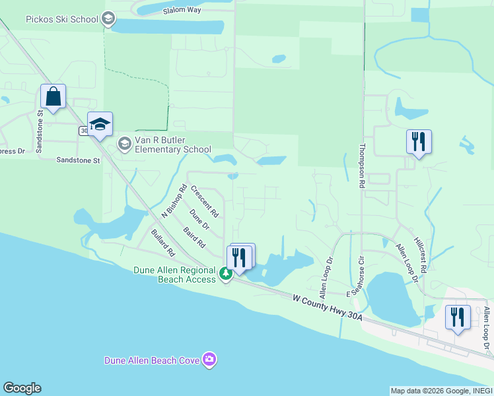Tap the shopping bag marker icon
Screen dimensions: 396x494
click(53, 96)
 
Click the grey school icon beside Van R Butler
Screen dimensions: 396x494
click(124, 143)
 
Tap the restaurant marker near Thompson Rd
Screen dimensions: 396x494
click(419, 141)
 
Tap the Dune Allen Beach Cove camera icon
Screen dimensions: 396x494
click(209, 360)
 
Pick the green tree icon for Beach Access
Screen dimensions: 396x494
click(226, 274)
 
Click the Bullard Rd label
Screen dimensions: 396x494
click(162, 243)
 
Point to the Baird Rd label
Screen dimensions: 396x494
click(194, 237)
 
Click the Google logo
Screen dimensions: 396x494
click(22, 388)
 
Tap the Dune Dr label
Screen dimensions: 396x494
click(199, 220)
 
